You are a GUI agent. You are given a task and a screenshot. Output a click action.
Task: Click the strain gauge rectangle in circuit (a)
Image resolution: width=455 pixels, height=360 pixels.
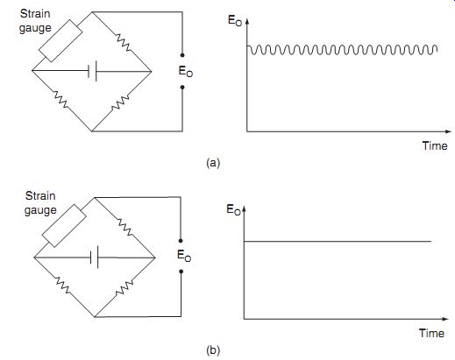point(60,41)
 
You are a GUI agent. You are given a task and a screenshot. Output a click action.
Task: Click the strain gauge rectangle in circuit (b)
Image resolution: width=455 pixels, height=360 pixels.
point(64,226)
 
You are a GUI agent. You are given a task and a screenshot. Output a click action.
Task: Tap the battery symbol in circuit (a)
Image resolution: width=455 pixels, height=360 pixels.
point(92,71)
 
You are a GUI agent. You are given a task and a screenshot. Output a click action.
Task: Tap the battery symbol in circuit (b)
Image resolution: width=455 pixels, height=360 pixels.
point(94,258)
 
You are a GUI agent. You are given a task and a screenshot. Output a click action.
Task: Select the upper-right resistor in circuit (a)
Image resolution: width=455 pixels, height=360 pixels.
point(124,43)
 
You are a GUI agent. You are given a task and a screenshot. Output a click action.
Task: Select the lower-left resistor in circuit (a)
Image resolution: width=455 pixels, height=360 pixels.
point(60,99)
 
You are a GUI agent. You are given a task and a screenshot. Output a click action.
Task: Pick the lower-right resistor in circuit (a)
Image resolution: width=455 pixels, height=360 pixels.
point(120,102)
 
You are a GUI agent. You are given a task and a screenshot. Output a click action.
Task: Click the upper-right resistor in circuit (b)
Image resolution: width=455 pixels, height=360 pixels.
point(125,227)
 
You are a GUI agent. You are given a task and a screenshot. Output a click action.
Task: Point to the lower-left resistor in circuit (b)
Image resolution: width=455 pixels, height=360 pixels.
point(63,286)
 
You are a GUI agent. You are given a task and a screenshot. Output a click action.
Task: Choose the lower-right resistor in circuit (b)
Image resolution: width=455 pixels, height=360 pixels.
point(124,288)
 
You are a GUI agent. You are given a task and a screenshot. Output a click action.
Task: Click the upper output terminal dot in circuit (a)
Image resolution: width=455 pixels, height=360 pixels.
point(182,55)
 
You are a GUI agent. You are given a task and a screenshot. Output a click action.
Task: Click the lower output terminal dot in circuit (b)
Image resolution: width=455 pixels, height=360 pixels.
point(181,272)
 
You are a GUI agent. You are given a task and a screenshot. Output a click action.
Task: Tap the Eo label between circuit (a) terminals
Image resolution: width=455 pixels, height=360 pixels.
point(186,72)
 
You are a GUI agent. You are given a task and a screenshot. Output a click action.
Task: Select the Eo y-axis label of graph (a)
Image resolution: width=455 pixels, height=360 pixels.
point(235,21)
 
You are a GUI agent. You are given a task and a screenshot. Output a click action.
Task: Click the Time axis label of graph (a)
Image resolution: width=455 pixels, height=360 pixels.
point(435,145)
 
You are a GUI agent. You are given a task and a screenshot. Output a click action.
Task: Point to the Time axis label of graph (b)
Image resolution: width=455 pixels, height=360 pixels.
point(431,333)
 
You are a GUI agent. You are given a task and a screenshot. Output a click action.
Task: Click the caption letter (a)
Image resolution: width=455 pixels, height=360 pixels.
point(213,163)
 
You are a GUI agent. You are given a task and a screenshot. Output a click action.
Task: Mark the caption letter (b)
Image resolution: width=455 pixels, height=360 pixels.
point(213,349)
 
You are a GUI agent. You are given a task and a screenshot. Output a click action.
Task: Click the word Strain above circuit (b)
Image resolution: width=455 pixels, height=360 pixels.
point(40,195)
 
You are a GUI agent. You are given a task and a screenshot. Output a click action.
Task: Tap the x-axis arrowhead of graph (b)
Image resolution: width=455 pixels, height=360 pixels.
point(445,319)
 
